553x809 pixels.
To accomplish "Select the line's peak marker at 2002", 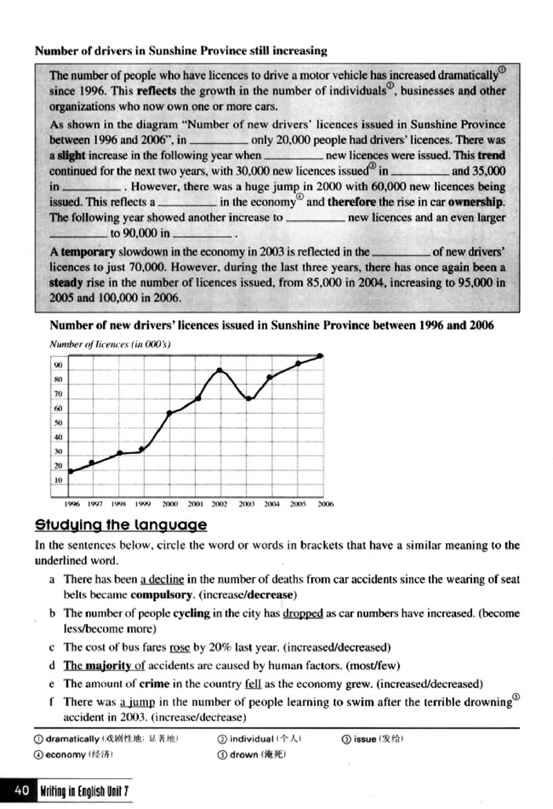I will click(x=220, y=370).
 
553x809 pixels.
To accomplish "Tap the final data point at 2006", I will click(x=320, y=356).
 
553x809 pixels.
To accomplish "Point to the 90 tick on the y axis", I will click(x=59, y=365).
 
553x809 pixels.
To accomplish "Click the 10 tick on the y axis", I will click(x=59, y=480).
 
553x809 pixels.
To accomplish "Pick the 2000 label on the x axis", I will click(x=171, y=505).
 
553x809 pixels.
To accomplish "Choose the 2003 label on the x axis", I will click(x=247, y=505).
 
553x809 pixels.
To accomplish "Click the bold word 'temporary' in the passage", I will click(x=86, y=253).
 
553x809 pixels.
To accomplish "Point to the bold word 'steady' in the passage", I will click(x=66, y=283).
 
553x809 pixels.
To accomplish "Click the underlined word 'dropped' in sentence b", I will click(x=303, y=613).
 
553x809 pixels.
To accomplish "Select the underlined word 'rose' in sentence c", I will click(x=179, y=648).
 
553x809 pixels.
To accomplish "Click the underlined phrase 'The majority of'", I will click(x=104, y=666).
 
